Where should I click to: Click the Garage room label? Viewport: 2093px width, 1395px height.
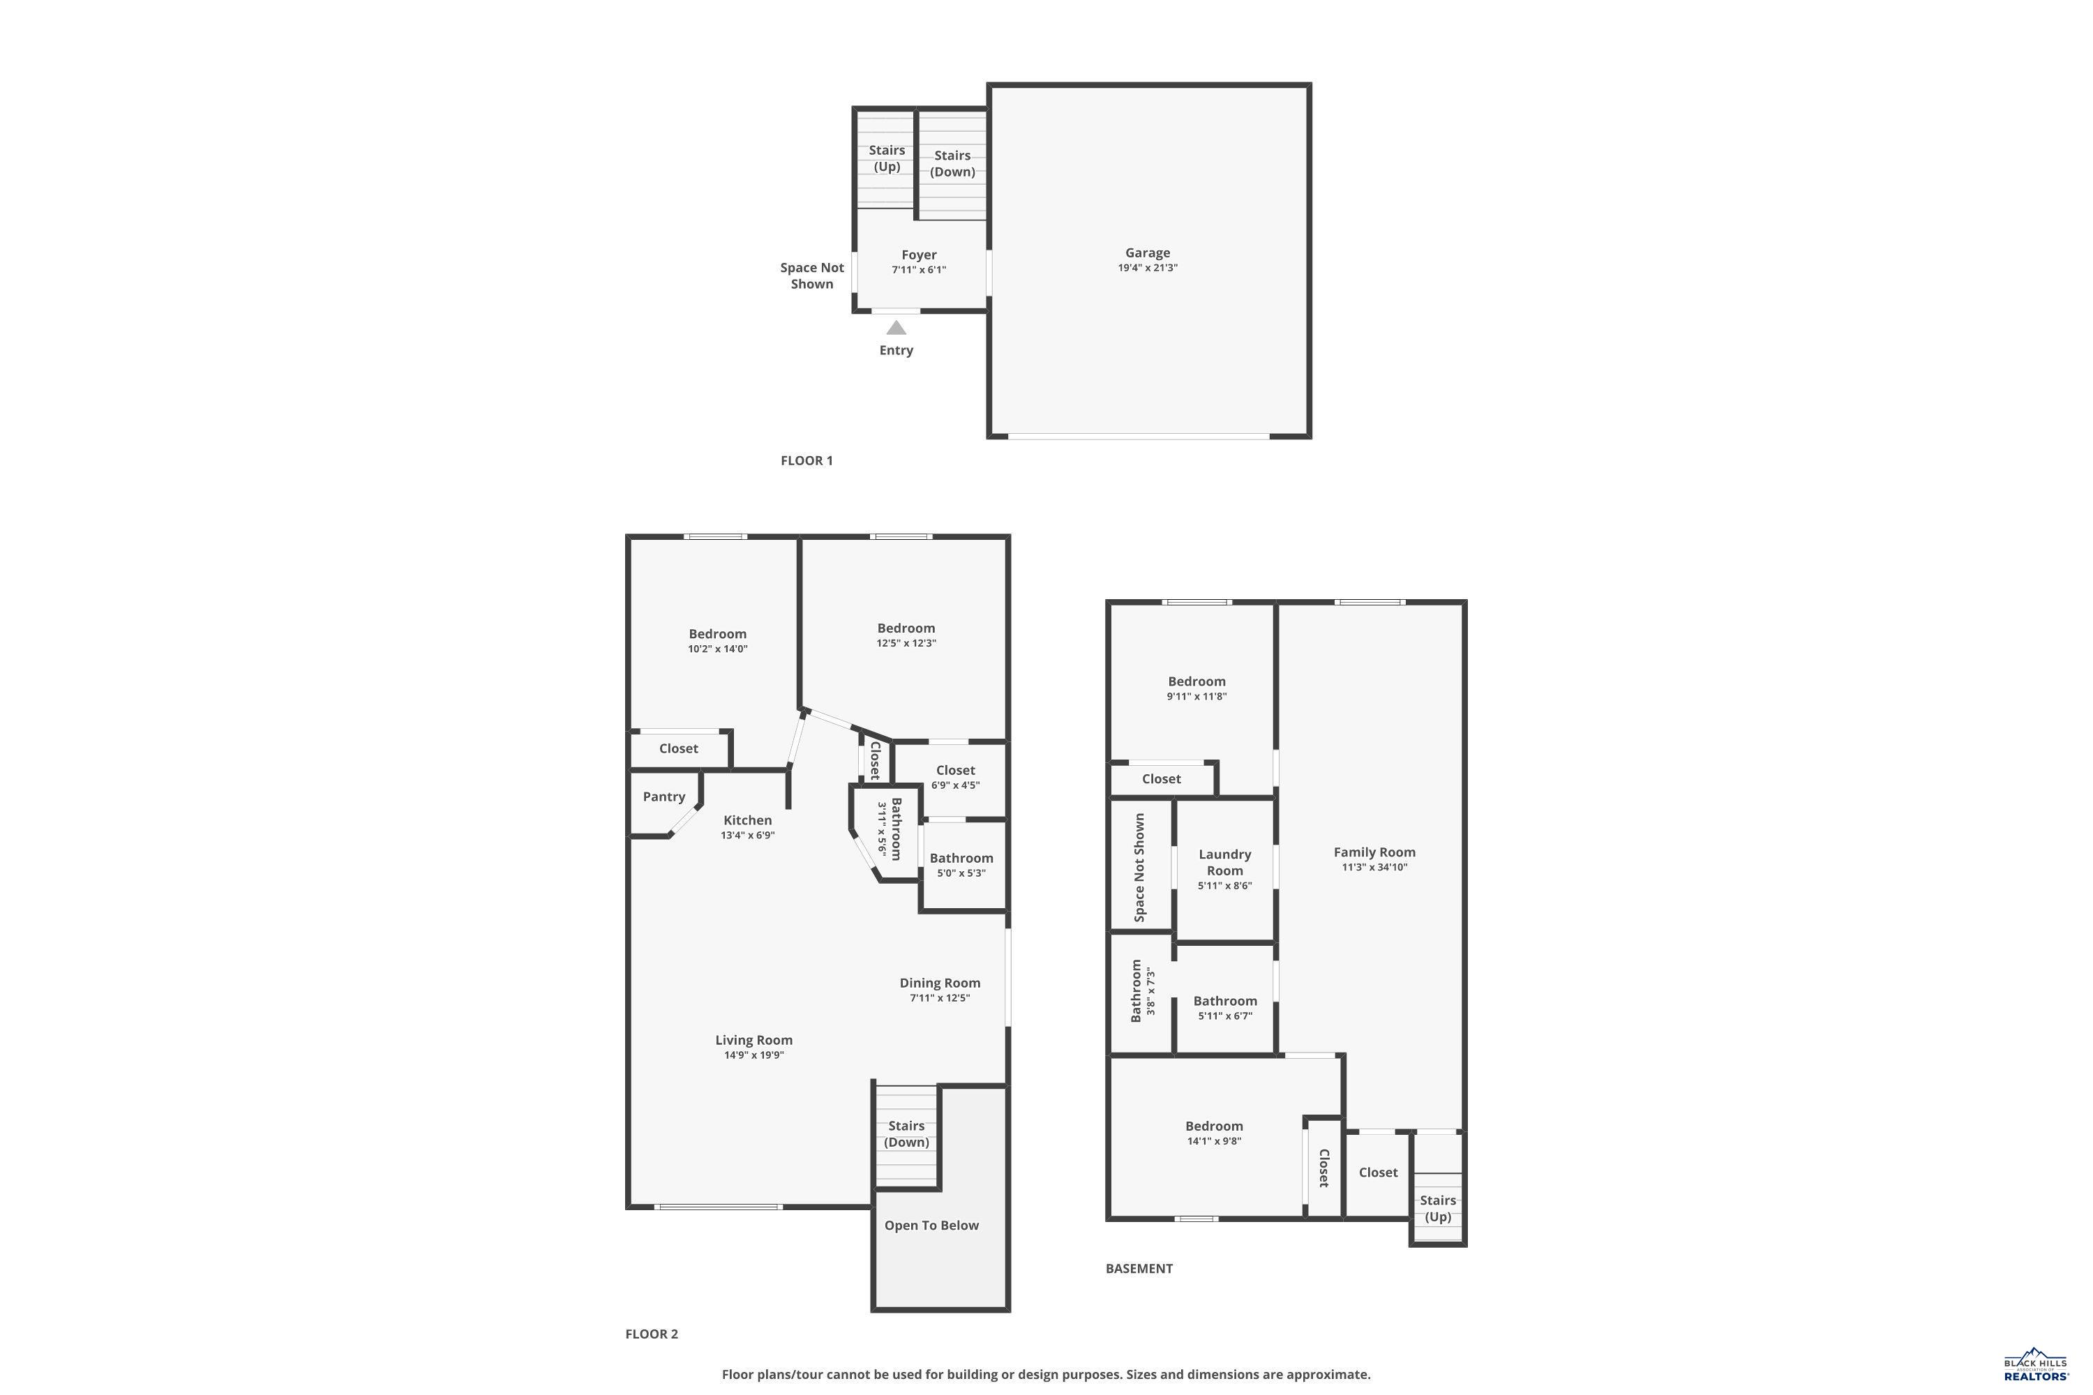[1147, 252]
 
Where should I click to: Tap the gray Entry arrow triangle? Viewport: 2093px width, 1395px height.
[896, 327]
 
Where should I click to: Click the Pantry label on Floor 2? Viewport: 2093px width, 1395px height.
[664, 797]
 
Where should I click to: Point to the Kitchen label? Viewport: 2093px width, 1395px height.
[747, 820]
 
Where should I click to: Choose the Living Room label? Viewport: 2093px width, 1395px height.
[753, 1040]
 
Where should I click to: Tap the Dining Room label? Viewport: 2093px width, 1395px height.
[940, 983]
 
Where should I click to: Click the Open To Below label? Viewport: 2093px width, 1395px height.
[931, 1225]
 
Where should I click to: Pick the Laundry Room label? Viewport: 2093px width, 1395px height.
[1224, 862]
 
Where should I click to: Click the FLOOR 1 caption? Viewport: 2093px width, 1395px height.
[807, 461]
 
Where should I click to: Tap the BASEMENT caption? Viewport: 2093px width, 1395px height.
[1139, 1269]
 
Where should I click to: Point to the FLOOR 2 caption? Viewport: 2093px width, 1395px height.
[652, 1334]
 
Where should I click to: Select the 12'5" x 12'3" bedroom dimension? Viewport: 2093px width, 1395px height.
[906, 643]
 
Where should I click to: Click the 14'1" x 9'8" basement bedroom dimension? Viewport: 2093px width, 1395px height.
[1214, 1141]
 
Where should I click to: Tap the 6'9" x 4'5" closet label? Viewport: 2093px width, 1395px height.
[955, 785]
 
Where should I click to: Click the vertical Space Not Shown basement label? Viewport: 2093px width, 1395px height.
[1139, 868]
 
